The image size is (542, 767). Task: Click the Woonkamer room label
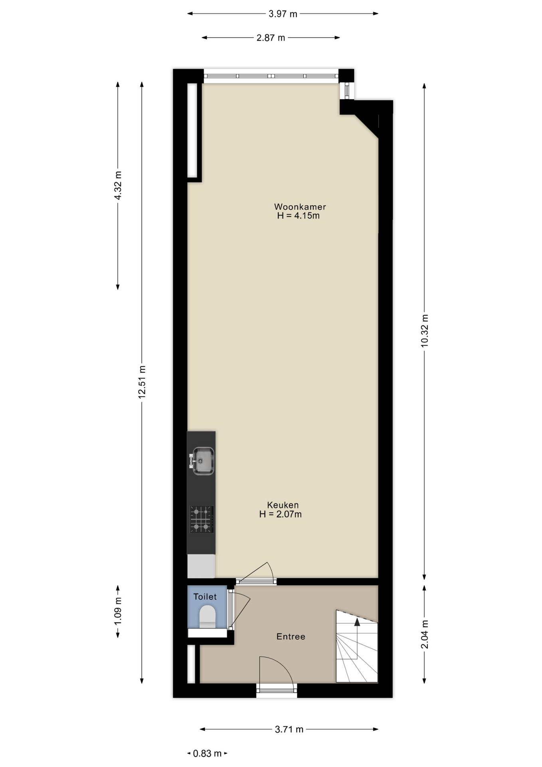tap(300, 207)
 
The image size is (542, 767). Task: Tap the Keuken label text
tap(283, 505)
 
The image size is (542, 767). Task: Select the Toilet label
tap(205, 597)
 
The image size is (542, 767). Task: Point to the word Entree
tap(291, 636)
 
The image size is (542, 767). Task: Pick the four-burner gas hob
tap(202, 519)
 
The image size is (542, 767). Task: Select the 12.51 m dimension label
tap(142, 382)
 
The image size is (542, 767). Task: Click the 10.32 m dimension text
tap(425, 331)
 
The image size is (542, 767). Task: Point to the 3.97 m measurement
tap(283, 14)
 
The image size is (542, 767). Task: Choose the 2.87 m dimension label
tap(271, 38)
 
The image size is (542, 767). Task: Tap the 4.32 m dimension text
tap(118, 186)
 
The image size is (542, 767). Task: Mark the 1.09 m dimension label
tap(118, 612)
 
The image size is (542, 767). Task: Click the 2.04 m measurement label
tap(425, 634)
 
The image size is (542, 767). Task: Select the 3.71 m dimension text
tap(289, 729)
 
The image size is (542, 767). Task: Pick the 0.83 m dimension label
tap(207, 754)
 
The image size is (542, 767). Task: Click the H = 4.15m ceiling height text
tap(299, 216)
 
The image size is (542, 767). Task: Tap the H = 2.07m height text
tap(280, 514)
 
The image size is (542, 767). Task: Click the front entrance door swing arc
tap(284, 664)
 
